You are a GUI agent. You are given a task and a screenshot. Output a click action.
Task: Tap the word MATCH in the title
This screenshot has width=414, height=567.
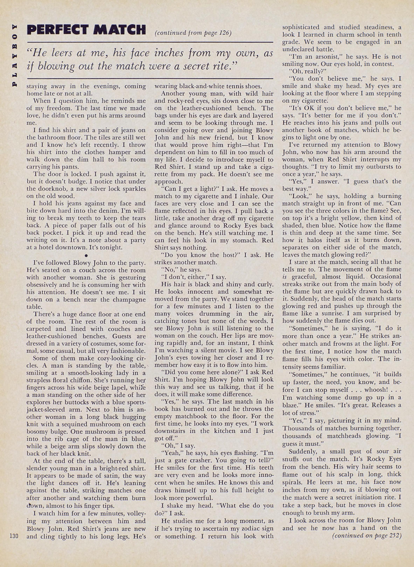tap(119, 30)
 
